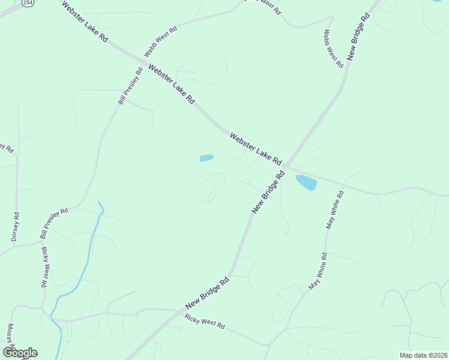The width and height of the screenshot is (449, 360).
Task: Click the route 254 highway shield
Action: coord(28,3)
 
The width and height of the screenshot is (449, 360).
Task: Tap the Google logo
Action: coord(20,353)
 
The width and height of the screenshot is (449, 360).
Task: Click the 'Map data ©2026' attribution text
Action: coord(423,355)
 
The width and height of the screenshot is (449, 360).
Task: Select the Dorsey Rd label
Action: coord(16,227)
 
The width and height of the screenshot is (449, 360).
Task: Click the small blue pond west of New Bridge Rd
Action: coord(206,158)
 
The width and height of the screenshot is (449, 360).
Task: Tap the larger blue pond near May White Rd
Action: coord(306,182)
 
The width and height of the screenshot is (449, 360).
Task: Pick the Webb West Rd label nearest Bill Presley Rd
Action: coord(160,42)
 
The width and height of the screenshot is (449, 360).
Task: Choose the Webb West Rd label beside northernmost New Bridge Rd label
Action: coord(333,48)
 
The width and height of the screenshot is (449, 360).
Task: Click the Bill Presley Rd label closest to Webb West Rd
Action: coord(130,86)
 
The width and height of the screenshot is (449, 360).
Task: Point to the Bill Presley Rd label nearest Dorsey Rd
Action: coord(55,223)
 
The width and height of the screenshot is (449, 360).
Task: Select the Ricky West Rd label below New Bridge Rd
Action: coord(205,322)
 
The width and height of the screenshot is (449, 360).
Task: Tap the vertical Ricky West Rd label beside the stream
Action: coord(44,268)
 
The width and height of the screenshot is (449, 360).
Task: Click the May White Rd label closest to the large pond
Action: coord(334,210)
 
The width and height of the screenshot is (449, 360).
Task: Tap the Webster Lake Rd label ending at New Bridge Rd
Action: coord(255,149)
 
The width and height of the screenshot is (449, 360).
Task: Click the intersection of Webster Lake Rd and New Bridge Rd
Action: coord(286,166)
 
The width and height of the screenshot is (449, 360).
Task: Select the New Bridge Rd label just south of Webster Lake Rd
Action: coord(268,191)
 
